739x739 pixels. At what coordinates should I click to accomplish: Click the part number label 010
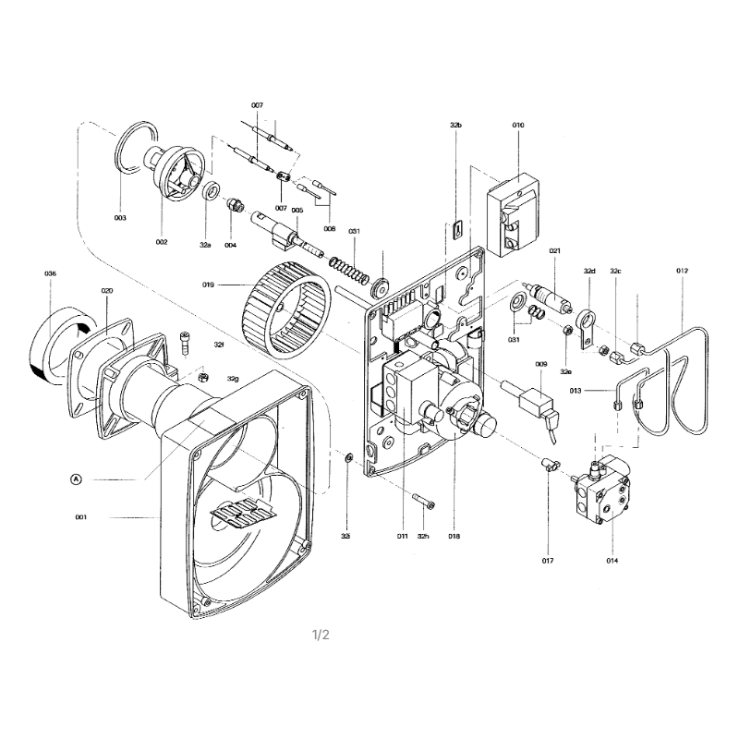(517, 124)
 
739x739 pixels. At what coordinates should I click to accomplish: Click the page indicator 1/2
(321, 635)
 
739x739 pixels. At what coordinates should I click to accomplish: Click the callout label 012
(682, 271)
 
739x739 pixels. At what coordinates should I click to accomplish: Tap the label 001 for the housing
(81, 517)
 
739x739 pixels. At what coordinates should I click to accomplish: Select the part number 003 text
(120, 218)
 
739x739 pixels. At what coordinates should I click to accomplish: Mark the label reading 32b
(456, 124)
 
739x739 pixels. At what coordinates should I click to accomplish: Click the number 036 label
(50, 274)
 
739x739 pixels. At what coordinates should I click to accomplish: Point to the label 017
(547, 561)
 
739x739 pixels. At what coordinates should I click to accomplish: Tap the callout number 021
(555, 251)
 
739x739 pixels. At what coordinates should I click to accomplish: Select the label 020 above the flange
(106, 290)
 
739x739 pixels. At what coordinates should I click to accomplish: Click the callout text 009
(541, 364)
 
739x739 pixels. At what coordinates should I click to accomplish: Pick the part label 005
(297, 211)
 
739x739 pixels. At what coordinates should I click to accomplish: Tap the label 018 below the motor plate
(454, 536)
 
